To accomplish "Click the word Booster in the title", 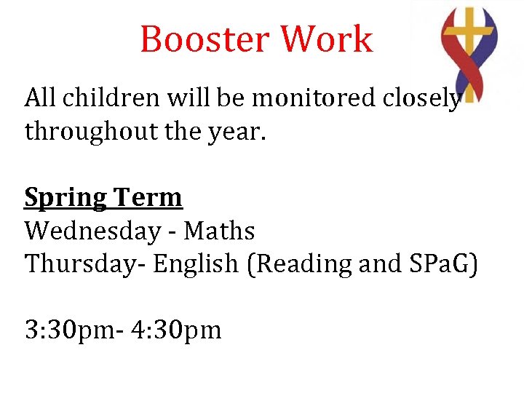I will point(205,39).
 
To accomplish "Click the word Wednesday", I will point(93,231).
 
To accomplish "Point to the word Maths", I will point(219,231).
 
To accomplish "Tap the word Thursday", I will point(84,264).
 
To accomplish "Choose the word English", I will point(196,265).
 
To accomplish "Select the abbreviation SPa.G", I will point(444,264).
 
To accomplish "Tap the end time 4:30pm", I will point(177,330).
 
